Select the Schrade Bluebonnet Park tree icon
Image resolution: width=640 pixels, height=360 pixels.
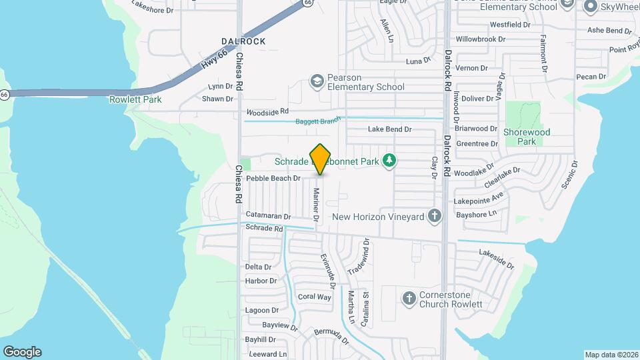point(391,161)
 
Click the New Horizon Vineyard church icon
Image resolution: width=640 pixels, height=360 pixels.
point(435,216)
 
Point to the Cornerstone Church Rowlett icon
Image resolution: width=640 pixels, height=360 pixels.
point(408,298)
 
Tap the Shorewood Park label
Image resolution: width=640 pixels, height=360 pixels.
point(527,137)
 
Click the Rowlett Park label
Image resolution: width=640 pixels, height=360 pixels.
point(136,99)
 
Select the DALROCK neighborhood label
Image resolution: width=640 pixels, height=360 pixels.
point(243,41)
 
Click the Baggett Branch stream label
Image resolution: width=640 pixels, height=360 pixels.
point(317,121)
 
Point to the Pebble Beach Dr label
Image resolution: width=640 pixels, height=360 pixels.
point(273,179)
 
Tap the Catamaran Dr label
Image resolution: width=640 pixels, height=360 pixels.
point(268,216)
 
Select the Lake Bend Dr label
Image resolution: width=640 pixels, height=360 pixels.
point(389,129)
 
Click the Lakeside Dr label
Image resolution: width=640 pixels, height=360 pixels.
point(497,259)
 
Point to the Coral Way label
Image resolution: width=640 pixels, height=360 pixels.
point(315,297)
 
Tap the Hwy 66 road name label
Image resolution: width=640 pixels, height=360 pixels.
point(213,59)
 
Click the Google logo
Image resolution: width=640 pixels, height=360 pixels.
point(22,352)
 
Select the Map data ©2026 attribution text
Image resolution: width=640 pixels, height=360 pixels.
point(611,355)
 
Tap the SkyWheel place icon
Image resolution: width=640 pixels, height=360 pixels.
point(589,7)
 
